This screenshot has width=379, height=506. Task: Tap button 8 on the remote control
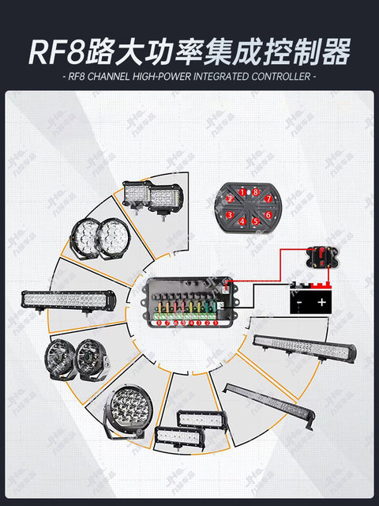pos(255,192)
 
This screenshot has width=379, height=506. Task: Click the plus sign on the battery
pos(322,301)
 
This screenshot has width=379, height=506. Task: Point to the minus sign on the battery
pos(299,301)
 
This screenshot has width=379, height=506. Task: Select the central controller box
pos(188,304)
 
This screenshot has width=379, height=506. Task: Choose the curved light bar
pos(270,404)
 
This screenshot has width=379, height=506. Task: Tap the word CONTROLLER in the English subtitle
pos(280,77)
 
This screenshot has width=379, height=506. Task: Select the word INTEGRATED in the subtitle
pos(219,77)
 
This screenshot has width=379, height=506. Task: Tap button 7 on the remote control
pos(268,198)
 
